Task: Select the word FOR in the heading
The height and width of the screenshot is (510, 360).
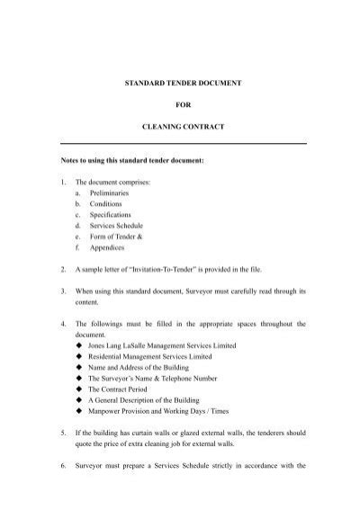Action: coord(183,105)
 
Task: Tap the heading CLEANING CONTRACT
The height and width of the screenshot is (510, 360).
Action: coord(183,128)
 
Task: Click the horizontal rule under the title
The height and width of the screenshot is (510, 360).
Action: coord(183,144)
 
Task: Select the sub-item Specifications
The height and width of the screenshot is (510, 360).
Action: coord(111,217)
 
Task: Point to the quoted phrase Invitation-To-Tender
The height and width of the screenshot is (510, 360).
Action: coord(170,268)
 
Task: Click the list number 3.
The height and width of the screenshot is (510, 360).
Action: coord(61,291)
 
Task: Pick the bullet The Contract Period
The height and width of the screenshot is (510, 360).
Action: coord(122,391)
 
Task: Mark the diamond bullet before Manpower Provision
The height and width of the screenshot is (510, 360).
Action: coord(79,415)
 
